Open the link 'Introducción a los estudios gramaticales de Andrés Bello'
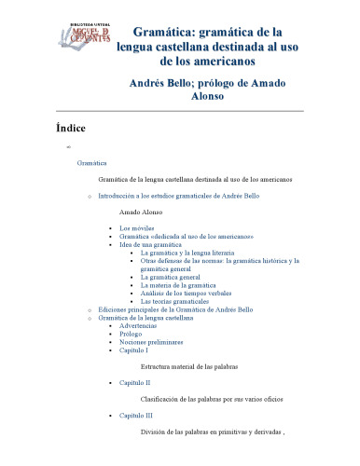178,197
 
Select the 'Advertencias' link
139,326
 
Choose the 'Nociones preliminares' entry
150,343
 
